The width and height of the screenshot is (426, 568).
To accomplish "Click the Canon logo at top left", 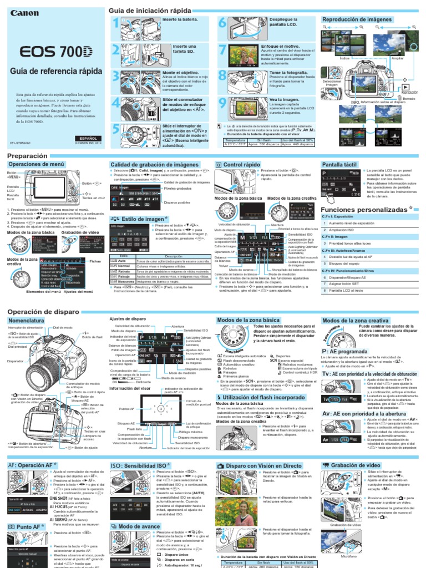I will (24, 13).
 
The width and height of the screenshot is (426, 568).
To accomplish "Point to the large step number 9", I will (222, 103).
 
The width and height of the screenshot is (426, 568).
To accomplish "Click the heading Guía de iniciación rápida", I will (150, 11).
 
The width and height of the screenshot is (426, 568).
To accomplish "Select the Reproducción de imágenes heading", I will (356, 19).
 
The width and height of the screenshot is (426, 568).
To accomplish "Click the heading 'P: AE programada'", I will (349, 351).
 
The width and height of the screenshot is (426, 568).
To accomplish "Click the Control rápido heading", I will (241, 165).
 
